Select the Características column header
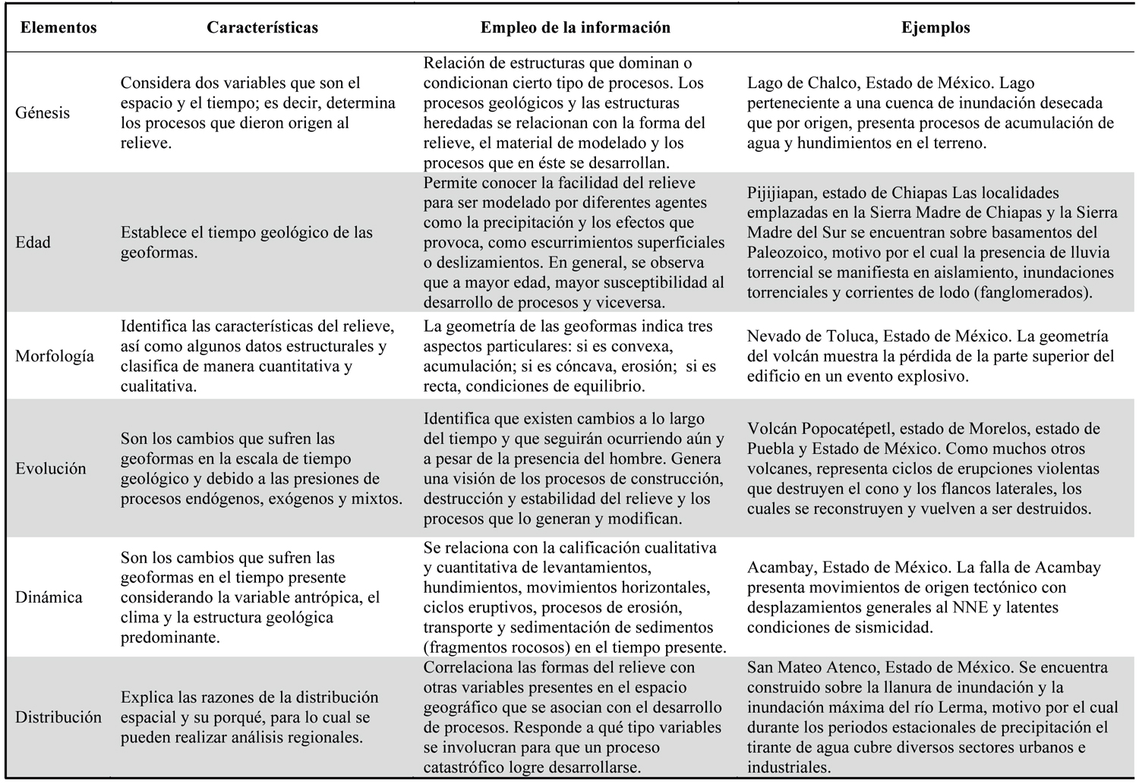(262, 28)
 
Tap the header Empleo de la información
(575, 28)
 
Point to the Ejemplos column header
(935, 28)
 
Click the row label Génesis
(43, 113)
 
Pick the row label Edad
(33, 243)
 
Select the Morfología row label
(55, 356)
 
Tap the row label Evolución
(51, 468)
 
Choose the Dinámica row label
(49, 597)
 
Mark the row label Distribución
(58, 717)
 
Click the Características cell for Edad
(247, 242)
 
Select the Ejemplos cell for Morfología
(930, 356)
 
